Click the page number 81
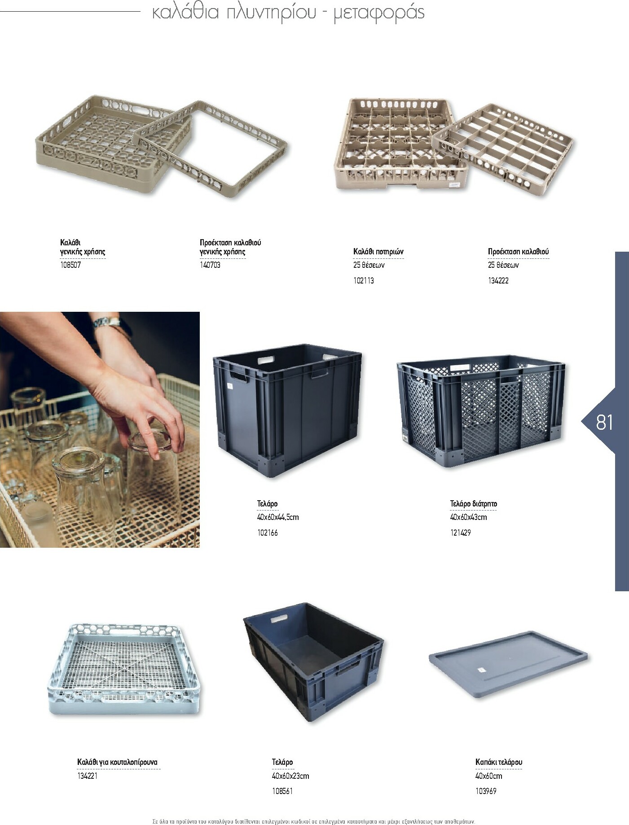click(x=604, y=422)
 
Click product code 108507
click(x=70, y=265)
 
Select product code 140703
click(x=210, y=265)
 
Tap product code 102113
click(x=364, y=281)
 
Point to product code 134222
click(x=498, y=281)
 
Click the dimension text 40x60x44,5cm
click(x=278, y=517)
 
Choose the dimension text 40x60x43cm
click(x=469, y=517)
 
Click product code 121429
click(x=461, y=533)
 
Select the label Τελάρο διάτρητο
click(x=474, y=504)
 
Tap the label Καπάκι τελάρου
click(x=499, y=762)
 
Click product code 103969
click(x=486, y=791)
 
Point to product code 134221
click(x=88, y=776)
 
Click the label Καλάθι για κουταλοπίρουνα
click(x=117, y=762)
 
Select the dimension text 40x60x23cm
click(x=290, y=776)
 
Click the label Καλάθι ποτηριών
click(x=378, y=252)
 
